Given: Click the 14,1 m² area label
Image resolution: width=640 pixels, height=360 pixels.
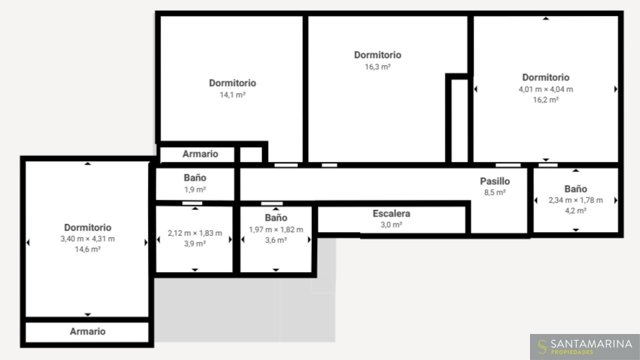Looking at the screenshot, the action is pos(233,95).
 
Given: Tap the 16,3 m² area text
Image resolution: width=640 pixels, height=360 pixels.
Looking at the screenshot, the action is pos(377,67).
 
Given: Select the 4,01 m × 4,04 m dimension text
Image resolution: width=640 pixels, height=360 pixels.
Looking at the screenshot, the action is pos(546,89).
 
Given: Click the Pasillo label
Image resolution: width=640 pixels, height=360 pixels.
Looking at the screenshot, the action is pos(495,181).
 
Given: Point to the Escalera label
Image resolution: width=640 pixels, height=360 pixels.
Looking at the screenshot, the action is pos(391,213).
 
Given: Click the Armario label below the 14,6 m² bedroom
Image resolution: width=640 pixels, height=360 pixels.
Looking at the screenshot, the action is pos(88,331).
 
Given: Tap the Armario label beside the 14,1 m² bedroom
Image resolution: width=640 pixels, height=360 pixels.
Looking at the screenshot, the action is pos(200,154).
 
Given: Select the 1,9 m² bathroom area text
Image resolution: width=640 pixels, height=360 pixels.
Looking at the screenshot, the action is pos(195,189).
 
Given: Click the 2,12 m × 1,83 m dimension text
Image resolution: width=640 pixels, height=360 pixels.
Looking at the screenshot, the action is pos(195,233).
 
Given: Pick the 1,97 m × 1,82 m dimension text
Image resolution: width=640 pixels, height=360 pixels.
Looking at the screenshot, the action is pos(276,230).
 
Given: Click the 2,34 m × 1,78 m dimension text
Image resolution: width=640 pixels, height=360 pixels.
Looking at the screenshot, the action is pos(575,201).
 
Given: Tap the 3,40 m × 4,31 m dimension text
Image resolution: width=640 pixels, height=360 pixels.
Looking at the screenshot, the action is pos(88,239).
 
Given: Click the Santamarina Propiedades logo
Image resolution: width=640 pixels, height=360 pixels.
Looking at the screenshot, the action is pos(585,347).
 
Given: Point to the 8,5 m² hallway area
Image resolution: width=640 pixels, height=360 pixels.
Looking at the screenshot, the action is pos(495,192).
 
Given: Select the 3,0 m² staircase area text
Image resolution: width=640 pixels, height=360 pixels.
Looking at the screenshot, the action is pos(391,225).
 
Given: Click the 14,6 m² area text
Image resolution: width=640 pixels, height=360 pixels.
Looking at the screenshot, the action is pos(88,249).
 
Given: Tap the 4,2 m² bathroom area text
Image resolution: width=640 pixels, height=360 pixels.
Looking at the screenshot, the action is pos(575,211).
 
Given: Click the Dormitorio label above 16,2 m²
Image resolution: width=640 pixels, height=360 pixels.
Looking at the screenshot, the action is pos(546,77).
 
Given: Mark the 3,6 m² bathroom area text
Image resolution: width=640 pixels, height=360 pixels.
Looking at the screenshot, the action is pos(276,240).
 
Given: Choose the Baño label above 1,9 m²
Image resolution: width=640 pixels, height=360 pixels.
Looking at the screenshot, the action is pos(195,178).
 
